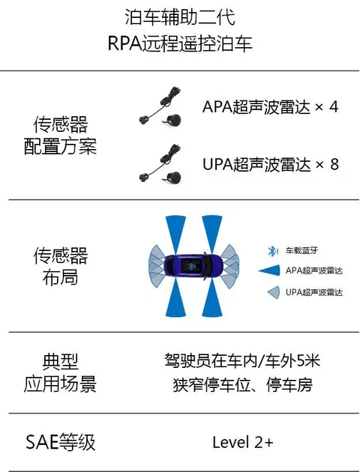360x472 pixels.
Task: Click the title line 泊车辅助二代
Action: click(180, 17)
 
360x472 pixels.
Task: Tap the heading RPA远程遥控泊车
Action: click(180, 43)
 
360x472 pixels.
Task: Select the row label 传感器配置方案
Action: click(60, 136)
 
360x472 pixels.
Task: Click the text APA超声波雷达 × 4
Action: click(270, 107)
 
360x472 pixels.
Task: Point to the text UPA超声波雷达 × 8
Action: click(271, 164)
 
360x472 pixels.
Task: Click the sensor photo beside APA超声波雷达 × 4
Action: click(160, 106)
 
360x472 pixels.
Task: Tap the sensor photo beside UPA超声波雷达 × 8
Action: click(160, 163)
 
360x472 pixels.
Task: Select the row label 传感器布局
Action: click(60, 266)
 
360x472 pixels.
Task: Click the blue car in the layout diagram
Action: click(193, 267)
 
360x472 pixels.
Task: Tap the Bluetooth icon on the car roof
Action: click(190, 266)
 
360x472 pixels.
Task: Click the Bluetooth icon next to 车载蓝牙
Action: click(272, 251)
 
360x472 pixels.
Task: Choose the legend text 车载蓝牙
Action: click(301, 250)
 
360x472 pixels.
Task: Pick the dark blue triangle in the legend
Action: click(269, 270)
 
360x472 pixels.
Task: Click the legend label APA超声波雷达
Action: click(314, 270)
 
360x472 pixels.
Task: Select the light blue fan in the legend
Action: click(274, 292)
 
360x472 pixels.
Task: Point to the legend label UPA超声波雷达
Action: click(314, 292)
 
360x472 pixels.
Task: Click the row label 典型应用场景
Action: click(60, 372)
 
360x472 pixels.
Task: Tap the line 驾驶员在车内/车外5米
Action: click(242, 360)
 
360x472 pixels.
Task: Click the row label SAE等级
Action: click(60, 442)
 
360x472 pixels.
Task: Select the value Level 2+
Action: click(243, 442)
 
